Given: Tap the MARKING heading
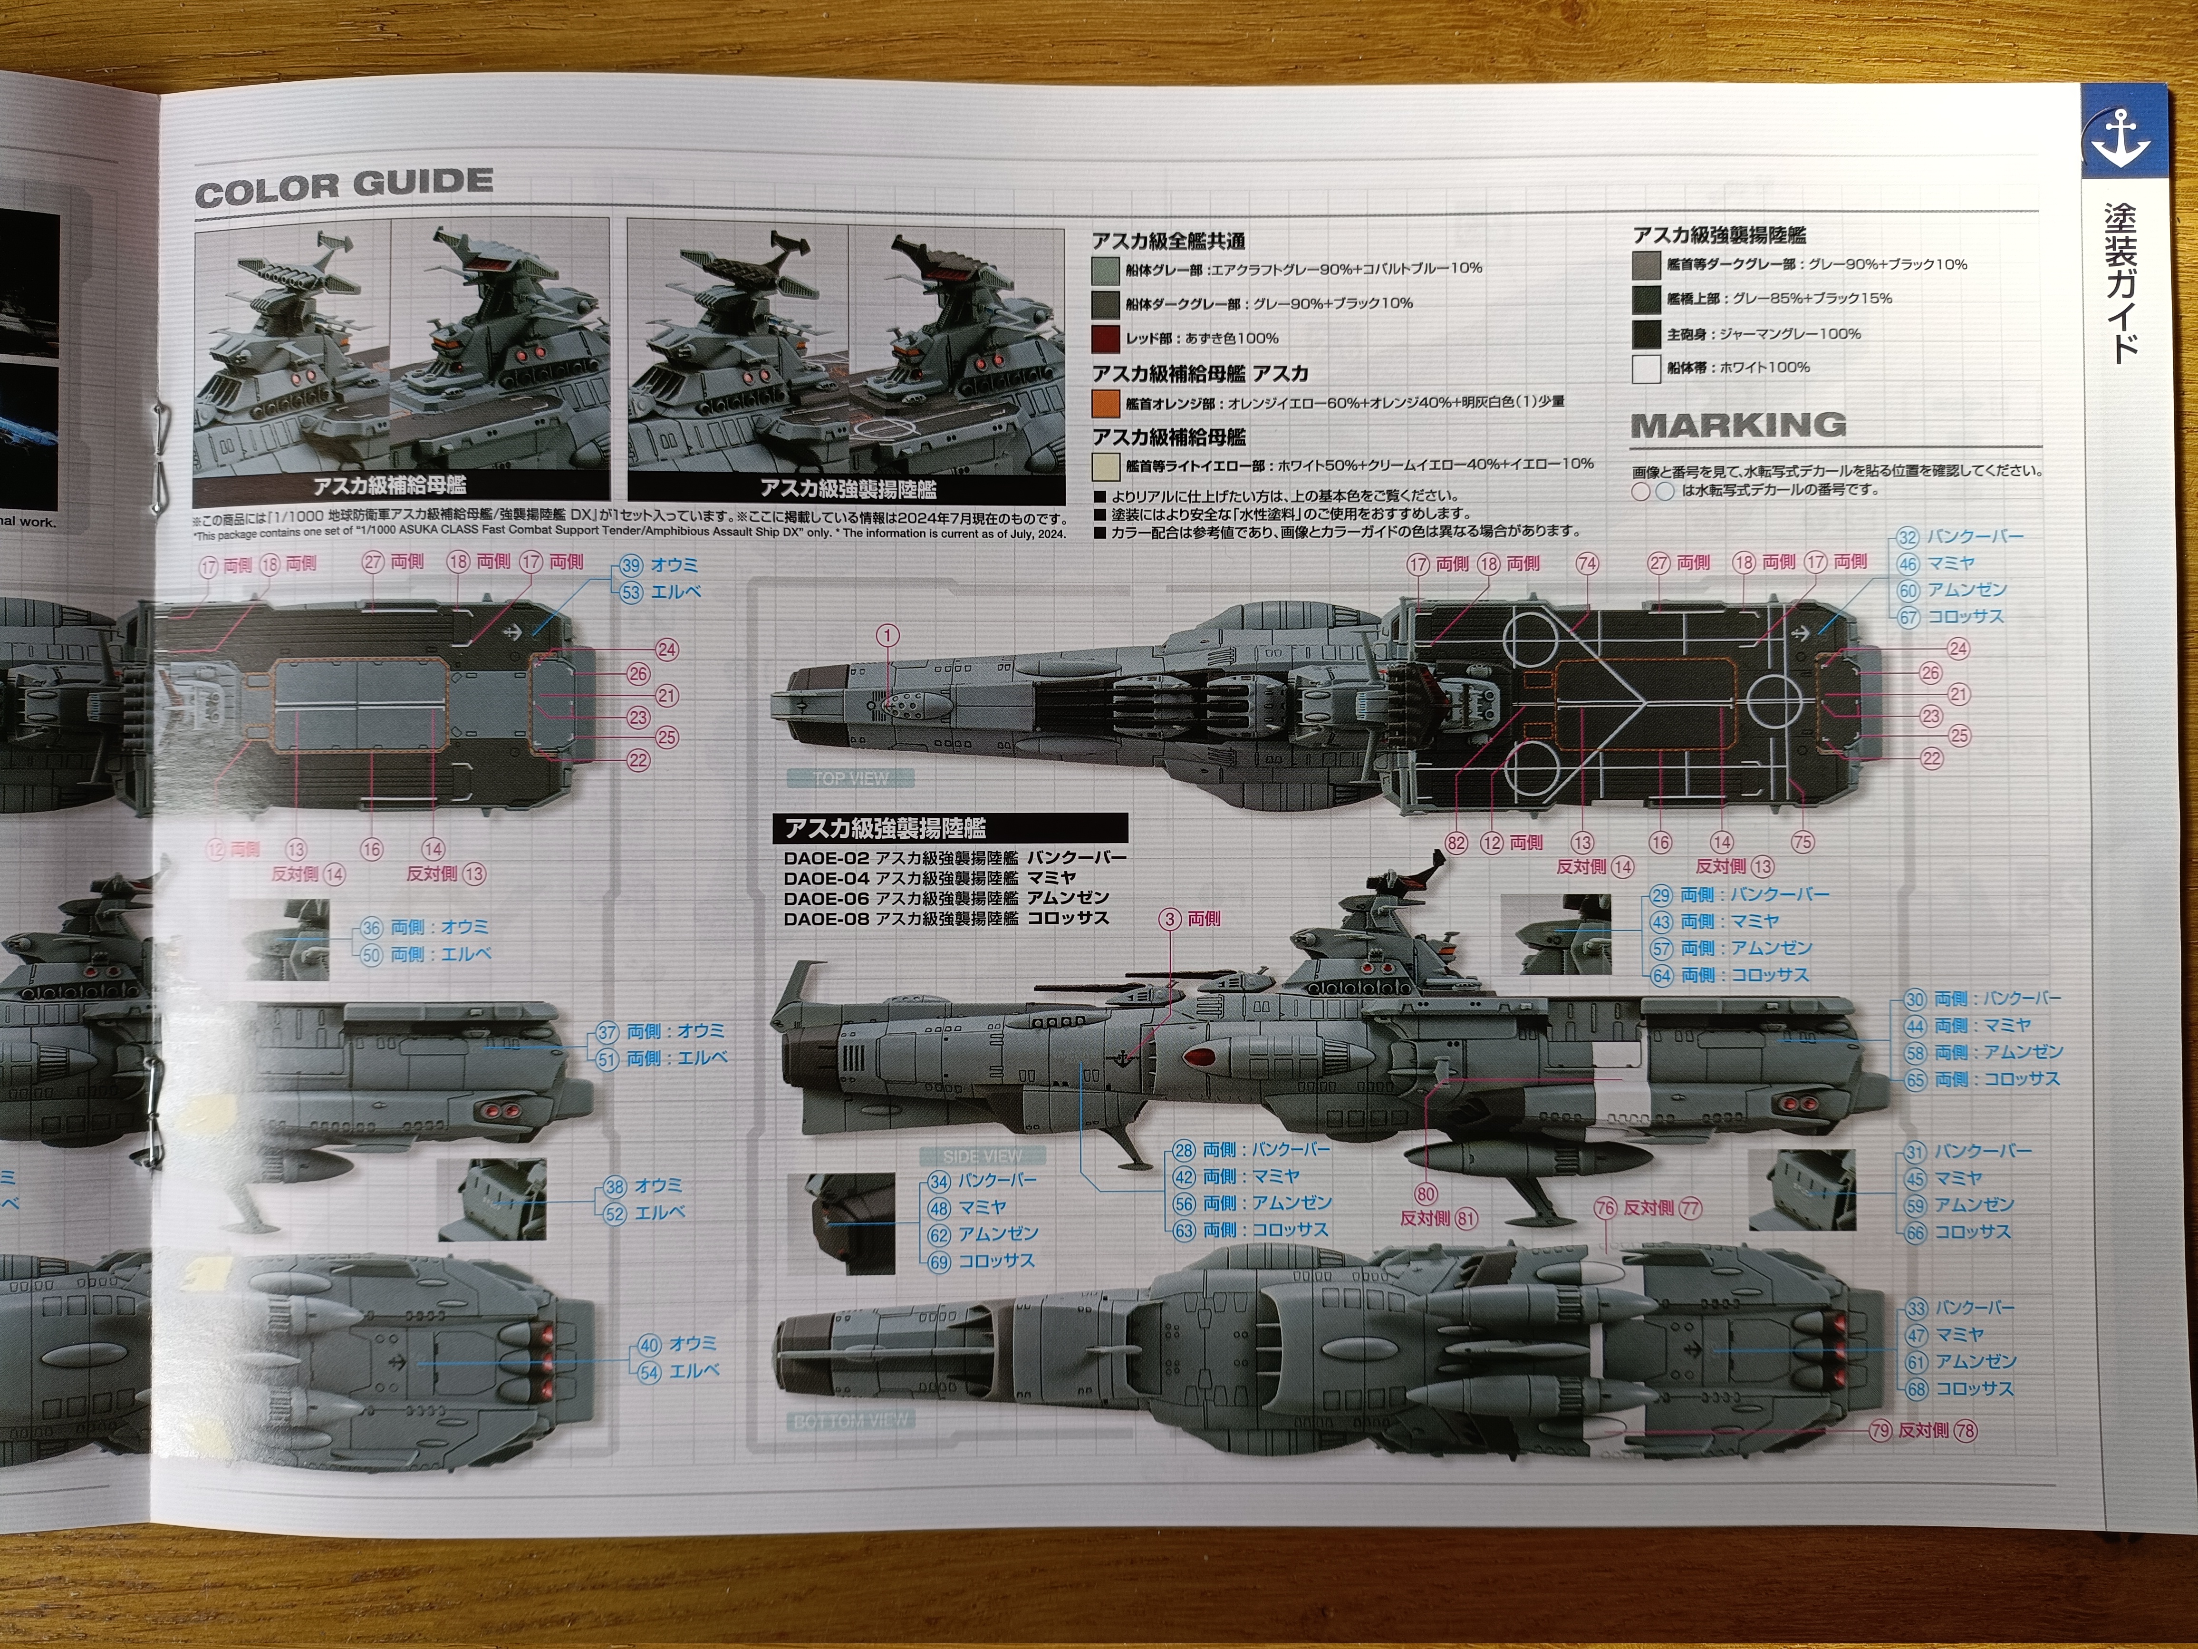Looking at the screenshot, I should [x=1738, y=426].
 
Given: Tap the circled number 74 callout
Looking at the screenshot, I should [x=1587, y=563].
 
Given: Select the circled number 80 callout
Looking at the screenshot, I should [x=1426, y=1194].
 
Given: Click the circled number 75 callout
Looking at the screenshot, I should [x=1803, y=842].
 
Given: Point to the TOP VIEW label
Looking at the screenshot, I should [x=850, y=778].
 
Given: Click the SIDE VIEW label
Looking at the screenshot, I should [x=982, y=1156].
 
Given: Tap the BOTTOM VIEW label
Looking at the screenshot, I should [x=850, y=1421].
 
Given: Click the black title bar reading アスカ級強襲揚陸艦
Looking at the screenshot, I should [x=950, y=828].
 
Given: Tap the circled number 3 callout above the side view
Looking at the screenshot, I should [x=1169, y=920].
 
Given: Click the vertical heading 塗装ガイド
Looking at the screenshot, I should [x=2120, y=283].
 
